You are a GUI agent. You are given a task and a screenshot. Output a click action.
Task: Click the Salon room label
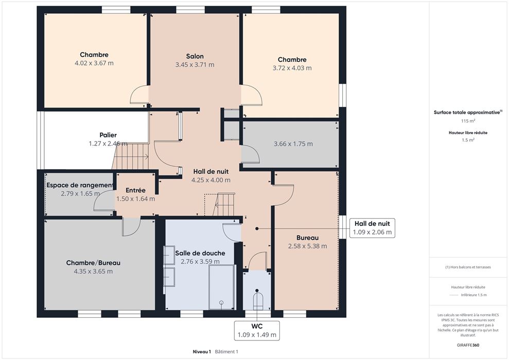click(195, 56)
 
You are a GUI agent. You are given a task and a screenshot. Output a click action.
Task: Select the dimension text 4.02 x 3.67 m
click(94, 63)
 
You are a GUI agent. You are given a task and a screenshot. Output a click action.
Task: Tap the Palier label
click(108, 135)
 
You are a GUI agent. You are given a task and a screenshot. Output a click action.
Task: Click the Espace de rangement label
click(80, 185)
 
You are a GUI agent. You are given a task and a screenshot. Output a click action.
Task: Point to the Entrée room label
click(135, 190)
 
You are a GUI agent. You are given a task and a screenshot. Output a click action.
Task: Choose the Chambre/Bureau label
click(93, 263)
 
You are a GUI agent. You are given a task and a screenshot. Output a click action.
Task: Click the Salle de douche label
click(200, 253)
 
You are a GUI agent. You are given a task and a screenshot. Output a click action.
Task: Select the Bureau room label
click(307, 238)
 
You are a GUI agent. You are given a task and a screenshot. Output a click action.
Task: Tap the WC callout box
click(257, 331)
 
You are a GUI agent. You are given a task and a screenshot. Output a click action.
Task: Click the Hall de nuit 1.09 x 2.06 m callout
click(372, 228)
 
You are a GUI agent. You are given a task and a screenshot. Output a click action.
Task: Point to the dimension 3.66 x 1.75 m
click(293, 144)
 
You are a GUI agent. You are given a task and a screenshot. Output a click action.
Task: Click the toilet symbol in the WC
click(258, 301)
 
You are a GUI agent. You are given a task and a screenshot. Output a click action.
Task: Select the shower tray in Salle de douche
click(222, 287)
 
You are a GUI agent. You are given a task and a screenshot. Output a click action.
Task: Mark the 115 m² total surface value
click(468, 121)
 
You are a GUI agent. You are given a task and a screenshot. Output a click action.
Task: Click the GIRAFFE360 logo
click(468, 345)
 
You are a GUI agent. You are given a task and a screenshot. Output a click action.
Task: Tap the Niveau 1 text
click(202, 352)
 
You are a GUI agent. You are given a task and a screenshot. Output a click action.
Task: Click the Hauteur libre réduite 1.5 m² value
click(468, 140)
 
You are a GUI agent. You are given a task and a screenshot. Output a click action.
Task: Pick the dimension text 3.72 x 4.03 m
click(292, 68)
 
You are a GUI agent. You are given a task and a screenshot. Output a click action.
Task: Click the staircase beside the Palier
click(131, 157)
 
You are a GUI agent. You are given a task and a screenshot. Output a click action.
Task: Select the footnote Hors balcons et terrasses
click(468, 267)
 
